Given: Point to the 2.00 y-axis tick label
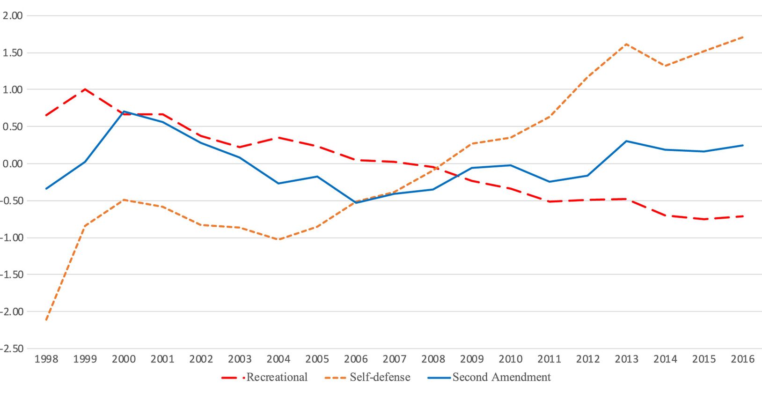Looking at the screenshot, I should click(x=13, y=16).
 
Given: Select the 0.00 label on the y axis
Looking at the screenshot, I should click(x=13, y=164).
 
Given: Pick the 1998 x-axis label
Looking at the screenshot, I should click(x=46, y=359).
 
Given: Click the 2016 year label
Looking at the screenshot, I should click(x=742, y=359).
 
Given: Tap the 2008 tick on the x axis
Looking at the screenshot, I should click(x=433, y=359).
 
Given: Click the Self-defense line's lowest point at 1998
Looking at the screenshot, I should click(x=46, y=320).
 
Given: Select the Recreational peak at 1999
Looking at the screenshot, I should click(x=85, y=89).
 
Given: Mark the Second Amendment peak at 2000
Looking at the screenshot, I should click(x=124, y=111).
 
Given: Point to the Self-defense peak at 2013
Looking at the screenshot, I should click(x=626, y=44).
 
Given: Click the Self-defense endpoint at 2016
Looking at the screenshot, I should click(x=742, y=37).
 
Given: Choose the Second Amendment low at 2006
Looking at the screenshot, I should click(x=356, y=202).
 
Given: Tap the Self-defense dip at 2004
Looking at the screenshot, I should click(x=278, y=239).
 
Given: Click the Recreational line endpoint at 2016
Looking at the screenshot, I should click(x=742, y=216).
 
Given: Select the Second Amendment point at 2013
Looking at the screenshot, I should click(x=626, y=141).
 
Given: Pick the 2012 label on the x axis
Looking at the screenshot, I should click(x=588, y=359).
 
